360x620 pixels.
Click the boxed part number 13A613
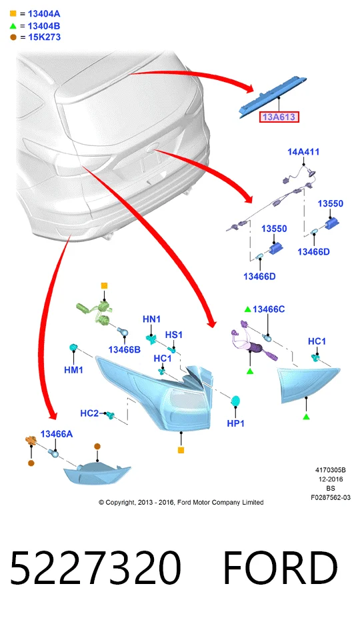279,117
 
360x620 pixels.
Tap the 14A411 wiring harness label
303,152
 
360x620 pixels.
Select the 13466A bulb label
57,434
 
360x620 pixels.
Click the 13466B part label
125,349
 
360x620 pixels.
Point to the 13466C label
269,309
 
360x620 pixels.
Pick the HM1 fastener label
73,370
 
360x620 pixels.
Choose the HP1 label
236,423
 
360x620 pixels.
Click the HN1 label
151,319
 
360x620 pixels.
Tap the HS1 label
174,335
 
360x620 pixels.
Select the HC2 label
89,413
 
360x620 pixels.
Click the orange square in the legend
13,13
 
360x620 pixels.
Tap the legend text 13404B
44,26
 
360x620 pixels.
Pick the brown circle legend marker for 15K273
13,37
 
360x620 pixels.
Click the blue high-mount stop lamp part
272,96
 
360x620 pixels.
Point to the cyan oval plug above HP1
236,401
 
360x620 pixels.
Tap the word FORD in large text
281,568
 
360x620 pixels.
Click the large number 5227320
95,568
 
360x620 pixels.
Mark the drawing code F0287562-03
330,497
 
